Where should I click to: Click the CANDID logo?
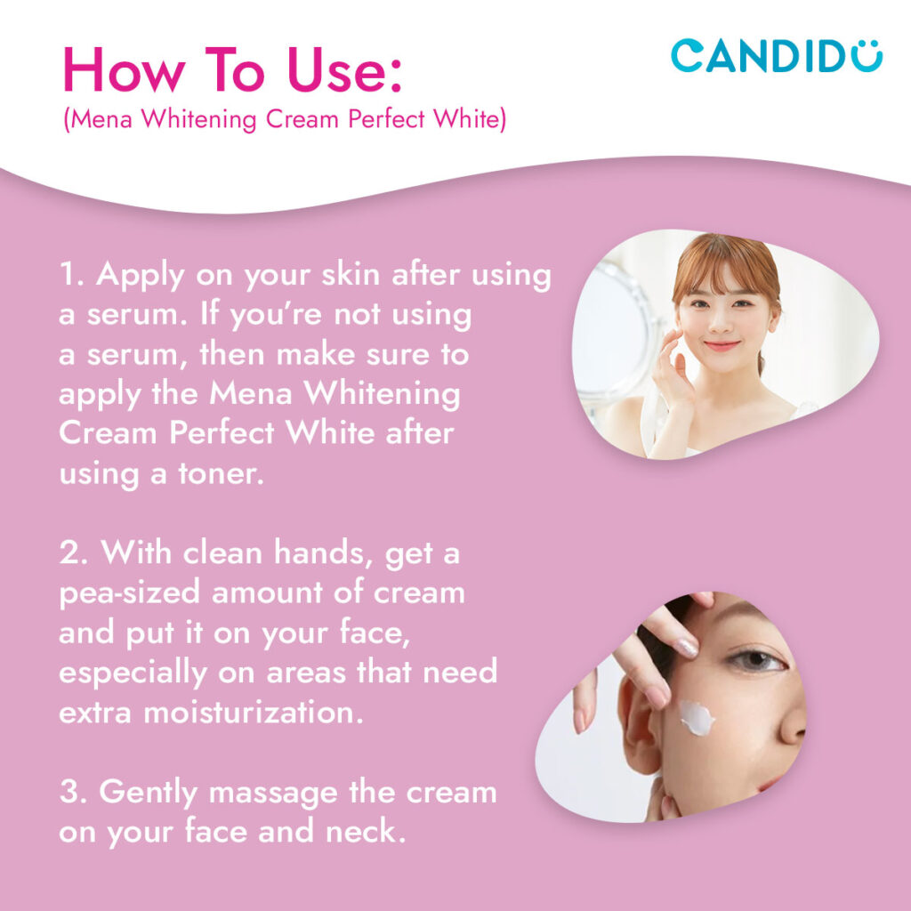click(x=776, y=55)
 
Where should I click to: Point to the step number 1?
click(x=71, y=275)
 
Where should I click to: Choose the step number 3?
click(x=72, y=793)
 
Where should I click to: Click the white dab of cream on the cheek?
click(x=697, y=717)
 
